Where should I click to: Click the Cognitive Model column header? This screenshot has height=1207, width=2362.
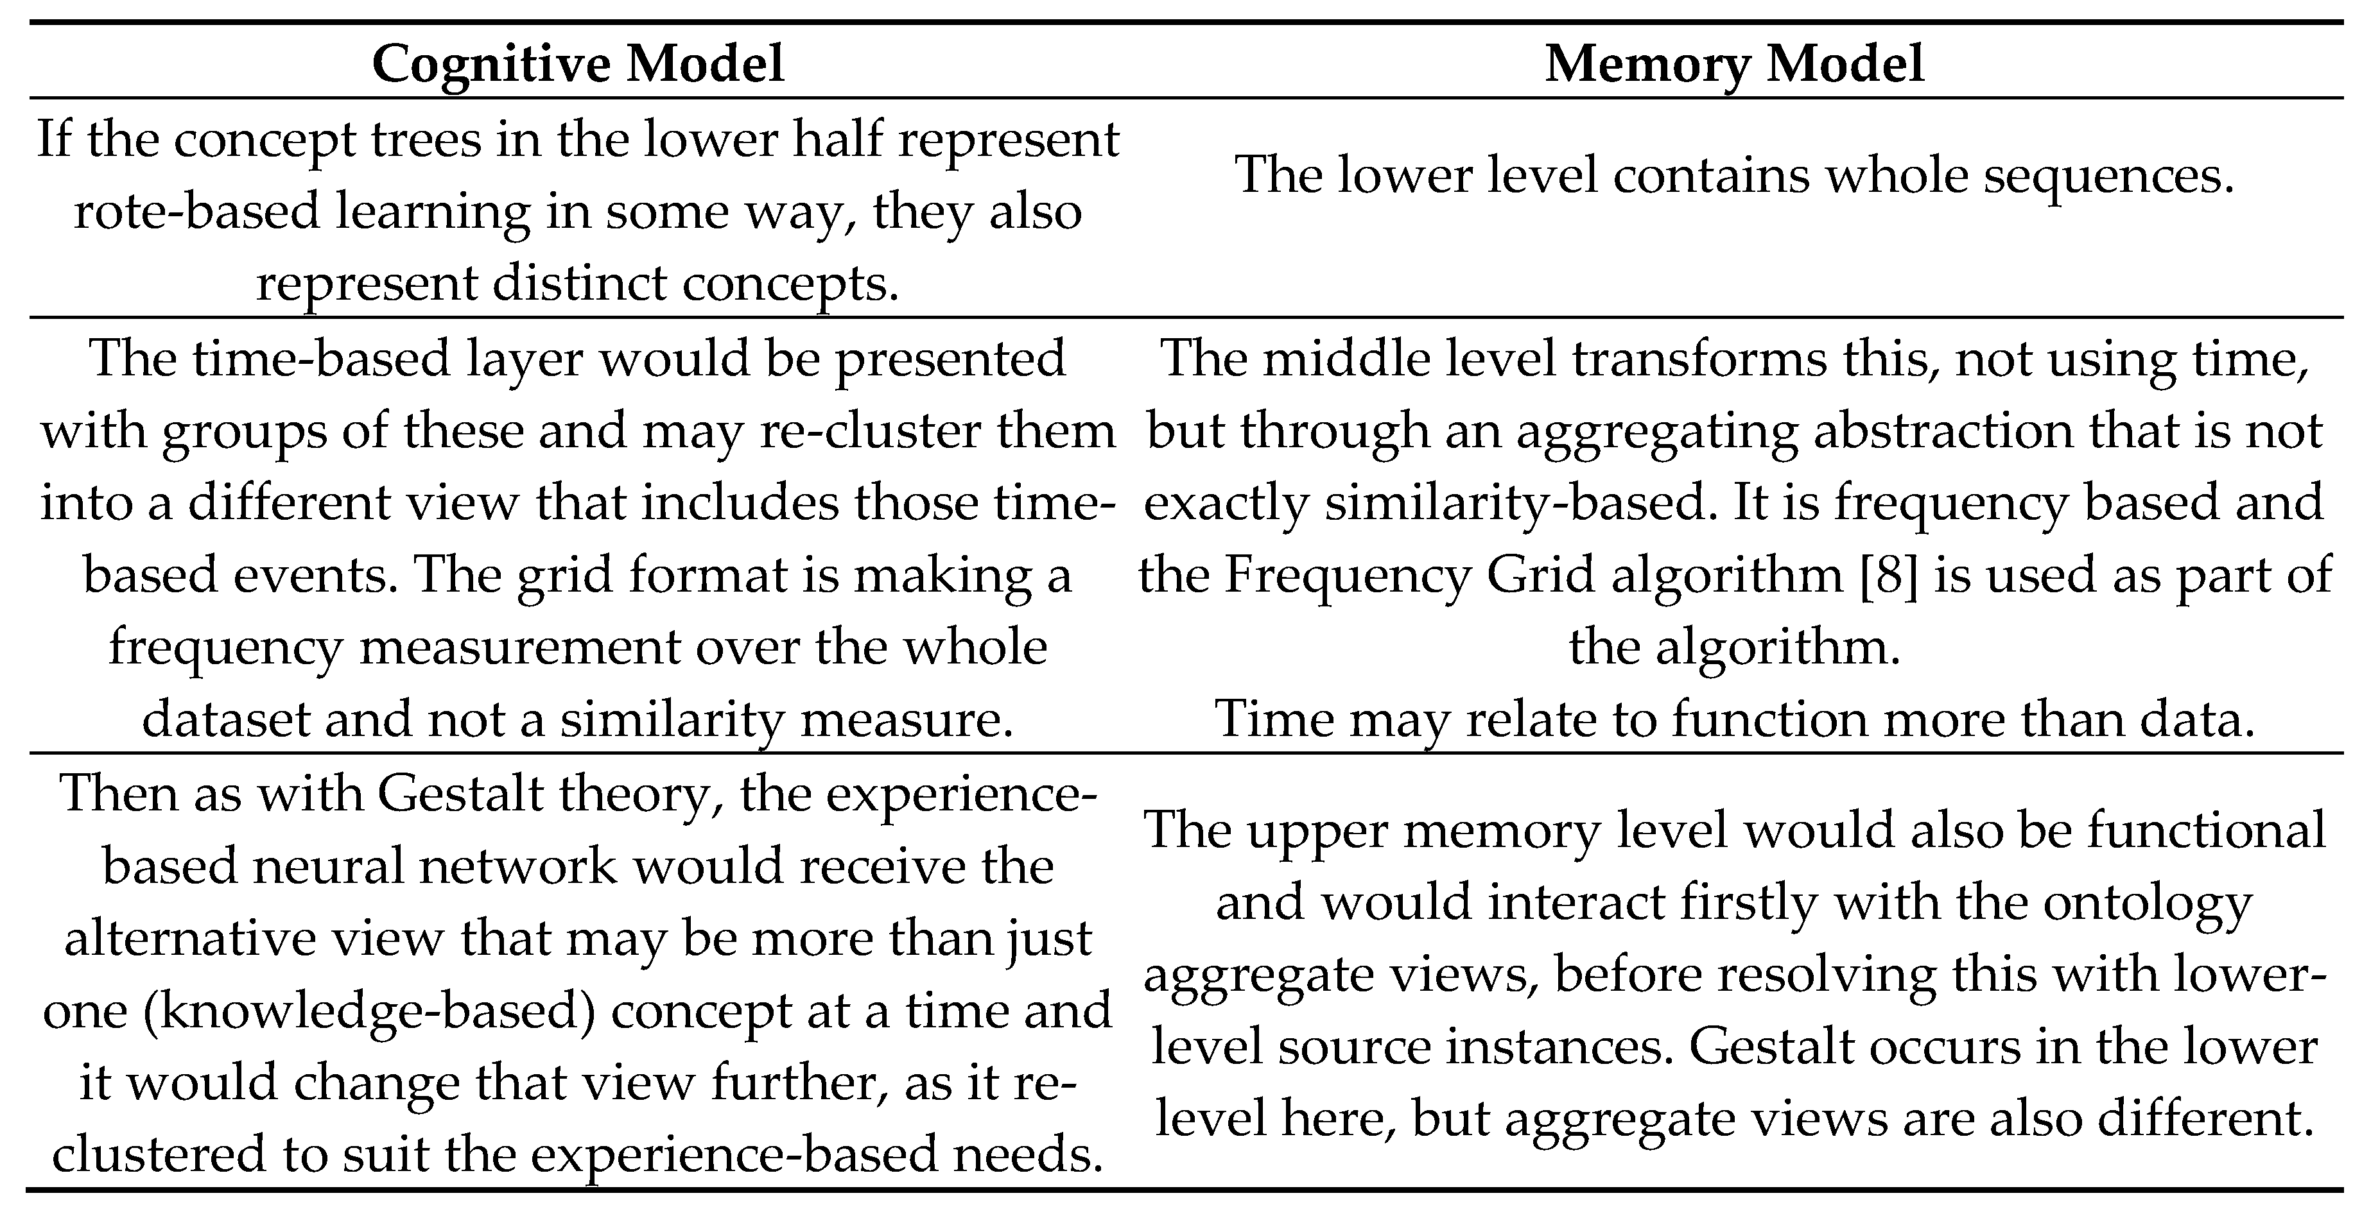[578, 64]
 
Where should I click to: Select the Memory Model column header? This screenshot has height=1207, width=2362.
[1734, 64]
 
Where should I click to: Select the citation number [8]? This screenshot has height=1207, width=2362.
[1887, 575]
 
